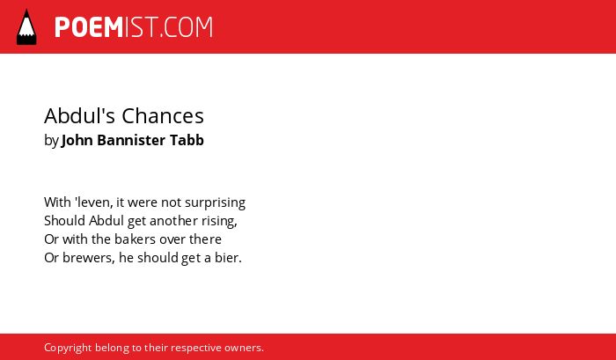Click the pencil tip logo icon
(26, 26)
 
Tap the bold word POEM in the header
(89, 27)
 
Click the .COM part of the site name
(186, 27)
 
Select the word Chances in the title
(163, 116)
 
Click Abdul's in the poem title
(80, 116)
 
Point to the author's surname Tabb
(187, 140)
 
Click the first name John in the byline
(77, 140)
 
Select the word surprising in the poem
(215, 203)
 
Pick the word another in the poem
(173, 221)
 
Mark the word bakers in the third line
(131, 239)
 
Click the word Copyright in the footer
(68, 349)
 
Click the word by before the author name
(51, 141)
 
